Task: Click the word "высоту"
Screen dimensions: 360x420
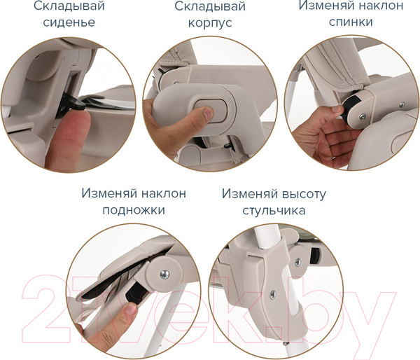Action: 304,194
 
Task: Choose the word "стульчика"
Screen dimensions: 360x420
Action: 274,210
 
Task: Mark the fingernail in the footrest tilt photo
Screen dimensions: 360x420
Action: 129,308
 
